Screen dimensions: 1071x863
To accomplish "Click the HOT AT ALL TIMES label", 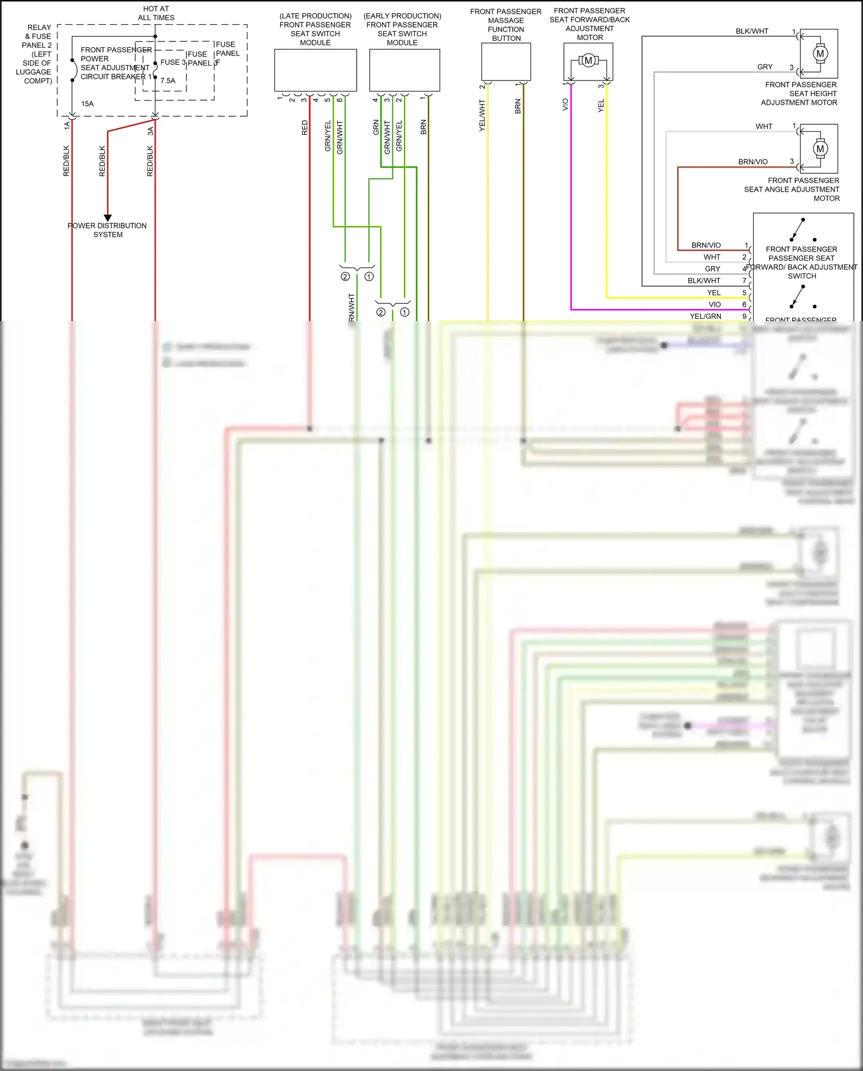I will tap(156, 13).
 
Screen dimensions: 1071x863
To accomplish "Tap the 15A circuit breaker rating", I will tap(87, 104).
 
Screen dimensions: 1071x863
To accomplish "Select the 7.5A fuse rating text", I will tap(168, 81).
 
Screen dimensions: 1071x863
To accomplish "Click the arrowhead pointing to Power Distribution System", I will tap(108, 218).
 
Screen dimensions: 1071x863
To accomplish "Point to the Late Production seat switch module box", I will tap(315, 70).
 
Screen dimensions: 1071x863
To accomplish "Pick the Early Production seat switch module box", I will tap(404, 70).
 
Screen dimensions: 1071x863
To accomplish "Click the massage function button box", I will tap(506, 62).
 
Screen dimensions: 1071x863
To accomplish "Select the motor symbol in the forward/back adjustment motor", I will tap(588, 60).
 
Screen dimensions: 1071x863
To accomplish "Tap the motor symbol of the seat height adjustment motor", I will tap(820, 54).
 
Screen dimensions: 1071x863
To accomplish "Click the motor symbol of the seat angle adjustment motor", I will tap(820, 148).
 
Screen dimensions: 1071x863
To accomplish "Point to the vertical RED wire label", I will tap(305, 128).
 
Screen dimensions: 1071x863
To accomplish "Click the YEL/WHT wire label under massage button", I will tap(482, 115).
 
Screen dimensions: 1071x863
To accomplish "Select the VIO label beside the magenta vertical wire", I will tap(565, 104).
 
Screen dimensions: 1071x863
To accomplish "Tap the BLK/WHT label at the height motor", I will tap(752, 31).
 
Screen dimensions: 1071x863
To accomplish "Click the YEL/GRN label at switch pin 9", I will tap(705, 316).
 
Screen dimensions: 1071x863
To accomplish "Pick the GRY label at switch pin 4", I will tap(712, 269).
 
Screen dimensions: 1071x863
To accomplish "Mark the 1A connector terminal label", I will tap(67, 125).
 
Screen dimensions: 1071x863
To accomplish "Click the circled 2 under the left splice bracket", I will tap(345, 277).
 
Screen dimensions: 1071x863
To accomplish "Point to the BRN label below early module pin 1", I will tap(423, 127).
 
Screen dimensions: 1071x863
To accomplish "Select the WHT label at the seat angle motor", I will tap(764, 126).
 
